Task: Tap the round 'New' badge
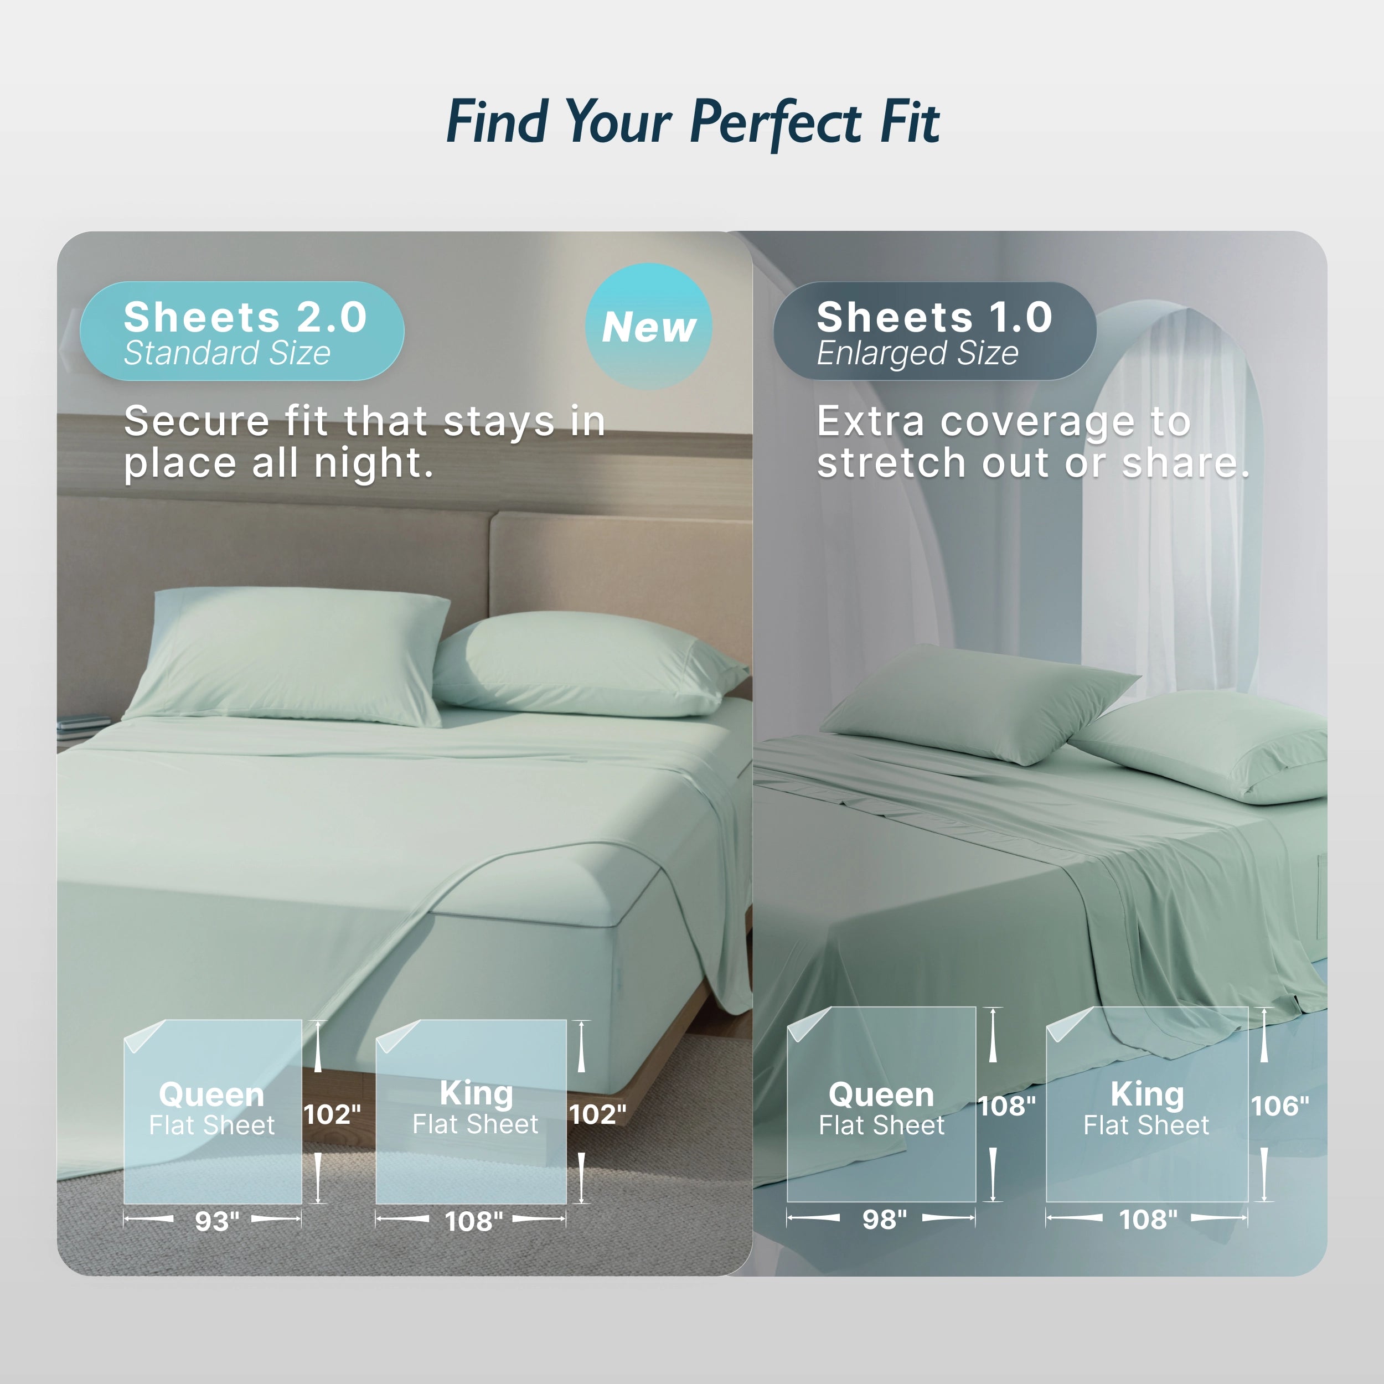tap(648, 327)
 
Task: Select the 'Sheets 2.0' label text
tap(245, 317)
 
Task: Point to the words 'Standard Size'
tap(227, 353)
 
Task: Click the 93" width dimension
tap(216, 1221)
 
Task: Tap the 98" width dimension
tap(884, 1219)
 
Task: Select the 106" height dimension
tap(1279, 1106)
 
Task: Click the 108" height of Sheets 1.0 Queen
tap(1006, 1106)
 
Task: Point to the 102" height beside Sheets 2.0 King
tap(597, 1114)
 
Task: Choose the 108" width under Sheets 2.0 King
tap(473, 1221)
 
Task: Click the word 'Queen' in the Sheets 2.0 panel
tap(211, 1094)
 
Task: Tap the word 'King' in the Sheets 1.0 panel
tap(1147, 1094)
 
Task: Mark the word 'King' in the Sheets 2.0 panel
tap(477, 1093)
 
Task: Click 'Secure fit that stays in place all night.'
tap(364, 441)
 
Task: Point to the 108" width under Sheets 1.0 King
tap(1148, 1219)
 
